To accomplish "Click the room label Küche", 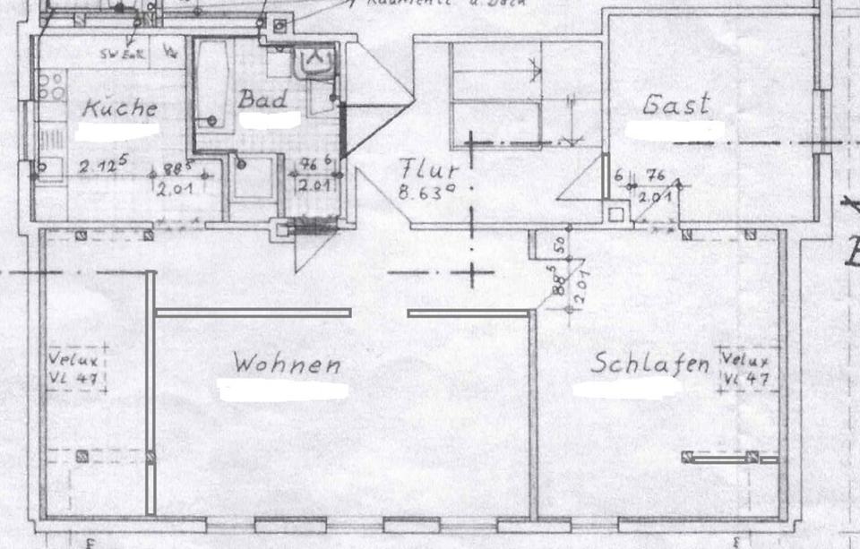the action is click(120, 108).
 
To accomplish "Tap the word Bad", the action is click(262, 99).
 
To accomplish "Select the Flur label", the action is click(430, 169).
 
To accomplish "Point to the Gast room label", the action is click(676, 105).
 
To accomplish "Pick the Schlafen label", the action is click(650, 365).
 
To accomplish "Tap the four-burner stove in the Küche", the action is click(51, 87).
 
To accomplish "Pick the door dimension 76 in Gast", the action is click(655, 175).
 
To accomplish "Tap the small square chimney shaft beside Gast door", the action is click(615, 215).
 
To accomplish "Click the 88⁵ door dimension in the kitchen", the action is click(171, 167).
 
